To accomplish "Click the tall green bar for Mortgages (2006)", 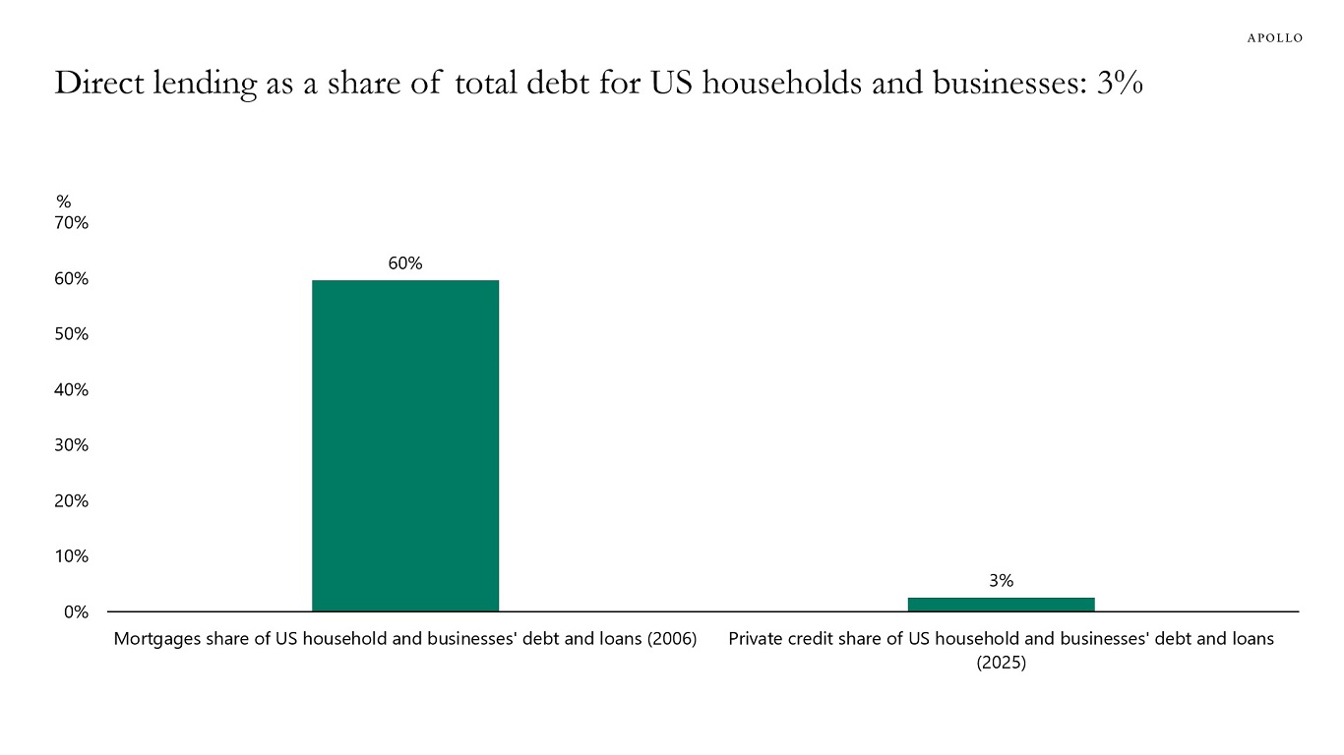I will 405,445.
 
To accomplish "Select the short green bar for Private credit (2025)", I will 1001,604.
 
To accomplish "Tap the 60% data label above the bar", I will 405,263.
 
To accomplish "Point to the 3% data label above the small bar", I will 1001,581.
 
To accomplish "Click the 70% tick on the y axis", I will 72,223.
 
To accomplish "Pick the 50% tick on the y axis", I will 72,334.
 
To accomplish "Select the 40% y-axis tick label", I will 72,389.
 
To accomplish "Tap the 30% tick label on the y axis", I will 72,445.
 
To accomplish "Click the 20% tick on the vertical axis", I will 72,500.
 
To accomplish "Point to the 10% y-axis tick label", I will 72,556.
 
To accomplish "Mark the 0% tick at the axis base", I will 76,611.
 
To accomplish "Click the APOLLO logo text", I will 1275,38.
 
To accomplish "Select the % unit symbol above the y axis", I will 63,202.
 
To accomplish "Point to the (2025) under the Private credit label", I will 1001,663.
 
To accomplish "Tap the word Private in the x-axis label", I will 755,639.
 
